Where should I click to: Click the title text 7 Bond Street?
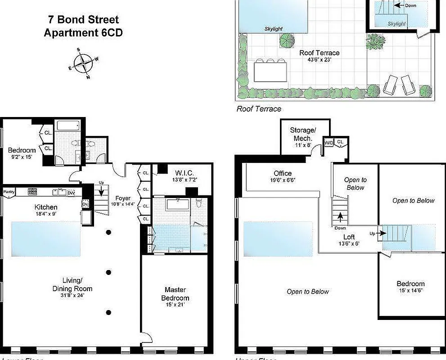83,20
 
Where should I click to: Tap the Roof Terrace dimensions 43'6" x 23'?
319,60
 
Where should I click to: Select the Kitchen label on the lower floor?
46,207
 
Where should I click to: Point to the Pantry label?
9,192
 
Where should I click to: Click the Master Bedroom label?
175,294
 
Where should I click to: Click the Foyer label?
123,198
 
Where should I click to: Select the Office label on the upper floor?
283,173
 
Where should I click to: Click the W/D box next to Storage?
329,143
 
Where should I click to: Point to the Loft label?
349,237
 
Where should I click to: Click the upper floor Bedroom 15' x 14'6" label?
410,284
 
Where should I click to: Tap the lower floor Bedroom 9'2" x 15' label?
22,150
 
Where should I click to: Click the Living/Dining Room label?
72,285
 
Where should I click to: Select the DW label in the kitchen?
71,193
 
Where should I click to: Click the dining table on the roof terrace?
270,72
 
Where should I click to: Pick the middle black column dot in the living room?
109,272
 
